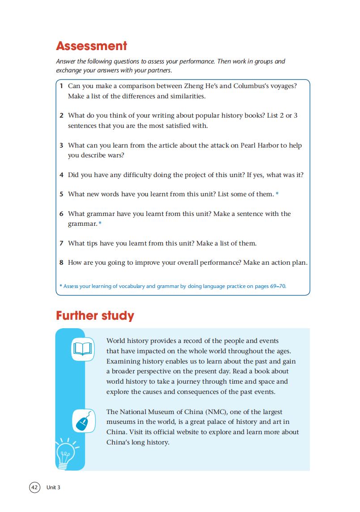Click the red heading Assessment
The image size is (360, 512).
coord(91,46)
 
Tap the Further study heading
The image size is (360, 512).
coord(95,316)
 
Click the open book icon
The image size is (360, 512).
coord(82,348)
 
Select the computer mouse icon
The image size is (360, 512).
coord(83,421)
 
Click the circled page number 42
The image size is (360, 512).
coord(34,487)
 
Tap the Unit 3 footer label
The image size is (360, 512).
coord(53,487)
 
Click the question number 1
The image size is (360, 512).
coord(61,85)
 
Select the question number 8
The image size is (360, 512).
coord(61,263)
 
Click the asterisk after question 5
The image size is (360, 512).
coord(277,195)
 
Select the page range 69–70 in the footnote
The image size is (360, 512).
coord(277,286)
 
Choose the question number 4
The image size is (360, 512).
coord(61,175)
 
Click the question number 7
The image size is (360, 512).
coord(61,244)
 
